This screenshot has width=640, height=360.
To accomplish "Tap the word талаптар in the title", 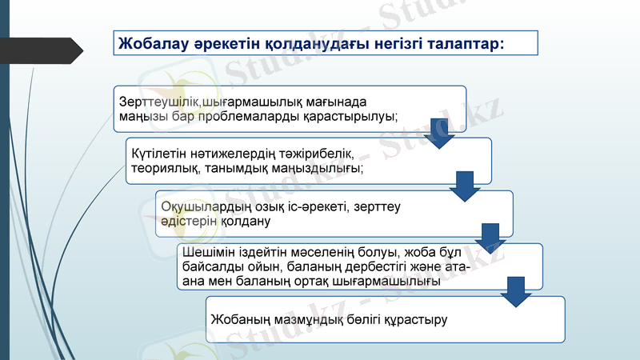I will click(x=463, y=42).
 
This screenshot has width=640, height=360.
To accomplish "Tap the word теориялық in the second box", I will click(x=162, y=169).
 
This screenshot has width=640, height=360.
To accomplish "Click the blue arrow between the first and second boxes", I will click(x=438, y=133).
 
